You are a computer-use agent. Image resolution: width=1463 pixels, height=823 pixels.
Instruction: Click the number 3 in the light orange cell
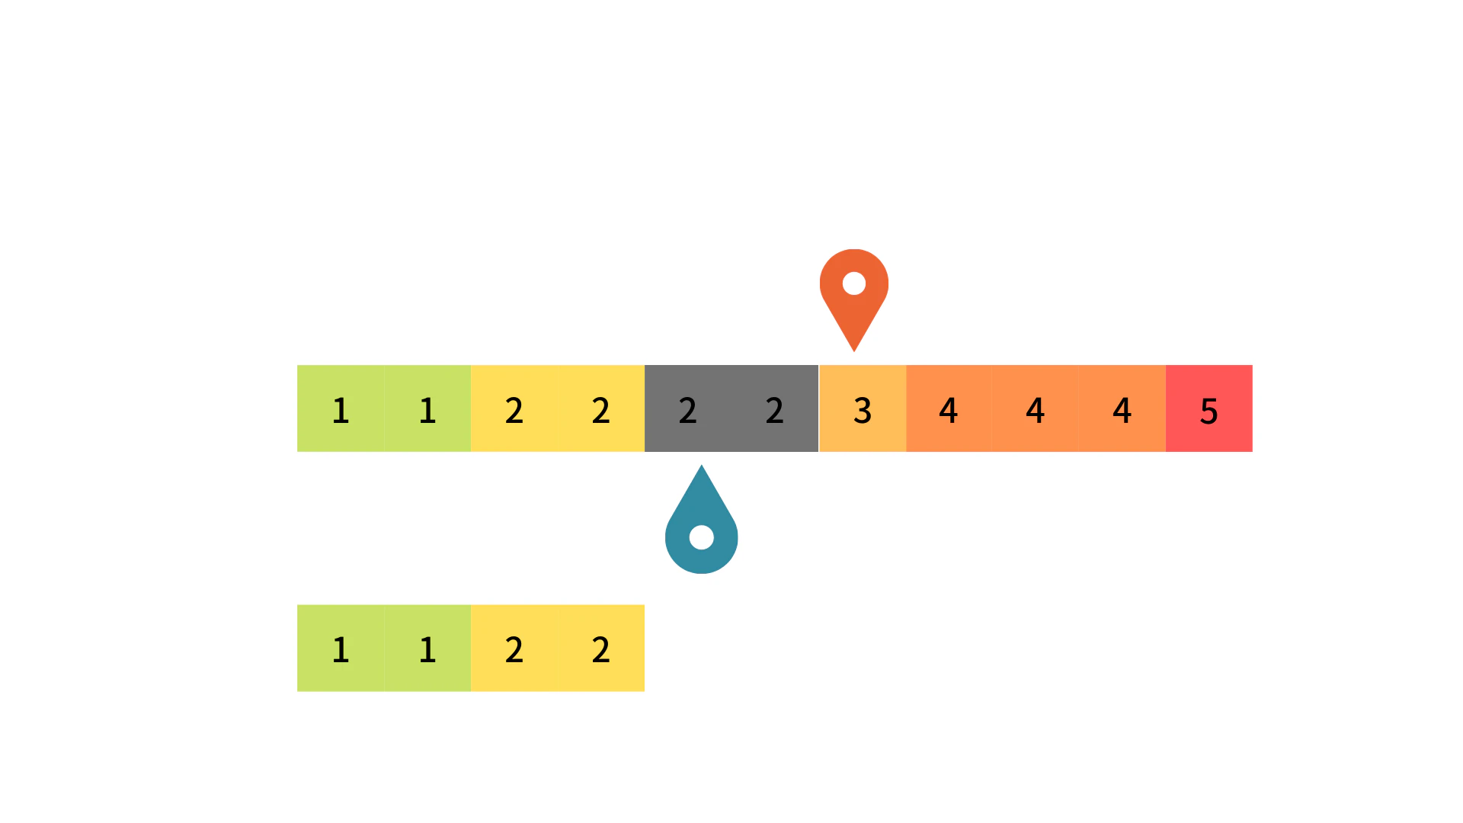coord(863,411)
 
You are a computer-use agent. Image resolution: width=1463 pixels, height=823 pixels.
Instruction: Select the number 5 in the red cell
coord(1209,411)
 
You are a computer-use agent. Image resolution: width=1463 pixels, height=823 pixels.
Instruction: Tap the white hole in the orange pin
coord(854,283)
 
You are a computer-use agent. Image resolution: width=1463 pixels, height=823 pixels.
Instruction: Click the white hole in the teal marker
coord(702,537)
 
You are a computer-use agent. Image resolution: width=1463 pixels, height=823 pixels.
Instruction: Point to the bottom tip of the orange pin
coord(854,351)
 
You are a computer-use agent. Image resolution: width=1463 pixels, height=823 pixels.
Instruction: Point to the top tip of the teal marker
coord(702,466)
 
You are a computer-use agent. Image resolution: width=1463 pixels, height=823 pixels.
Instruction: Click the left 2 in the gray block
coord(687,411)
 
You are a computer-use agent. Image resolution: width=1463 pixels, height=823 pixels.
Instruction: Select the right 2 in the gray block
coord(774,411)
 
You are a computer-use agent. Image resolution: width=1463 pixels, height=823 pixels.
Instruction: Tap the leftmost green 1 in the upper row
coord(341,411)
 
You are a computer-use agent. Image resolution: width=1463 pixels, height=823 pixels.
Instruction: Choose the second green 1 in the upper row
coord(427,411)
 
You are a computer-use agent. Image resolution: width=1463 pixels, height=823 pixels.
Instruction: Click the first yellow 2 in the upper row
coord(514,411)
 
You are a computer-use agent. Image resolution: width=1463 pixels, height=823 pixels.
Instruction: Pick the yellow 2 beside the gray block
coord(601,411)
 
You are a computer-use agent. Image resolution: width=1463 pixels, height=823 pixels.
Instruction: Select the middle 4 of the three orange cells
coord(1035,411)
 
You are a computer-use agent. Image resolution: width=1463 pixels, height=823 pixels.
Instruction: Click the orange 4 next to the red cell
coord(1122,411)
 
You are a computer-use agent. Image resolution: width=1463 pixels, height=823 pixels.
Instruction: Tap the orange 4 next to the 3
coord(948,411)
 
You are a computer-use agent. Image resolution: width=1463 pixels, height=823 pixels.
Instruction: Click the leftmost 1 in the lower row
coord(341,650)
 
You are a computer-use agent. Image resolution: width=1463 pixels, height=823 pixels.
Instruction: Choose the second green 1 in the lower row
coord(427,650)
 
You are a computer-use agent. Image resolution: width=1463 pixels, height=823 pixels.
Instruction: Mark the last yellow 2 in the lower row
coord(601,650)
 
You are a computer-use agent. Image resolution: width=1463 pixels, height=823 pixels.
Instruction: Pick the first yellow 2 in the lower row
coord(514,650)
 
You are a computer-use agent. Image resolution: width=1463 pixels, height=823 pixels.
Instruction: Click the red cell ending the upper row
coord(1209,408)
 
